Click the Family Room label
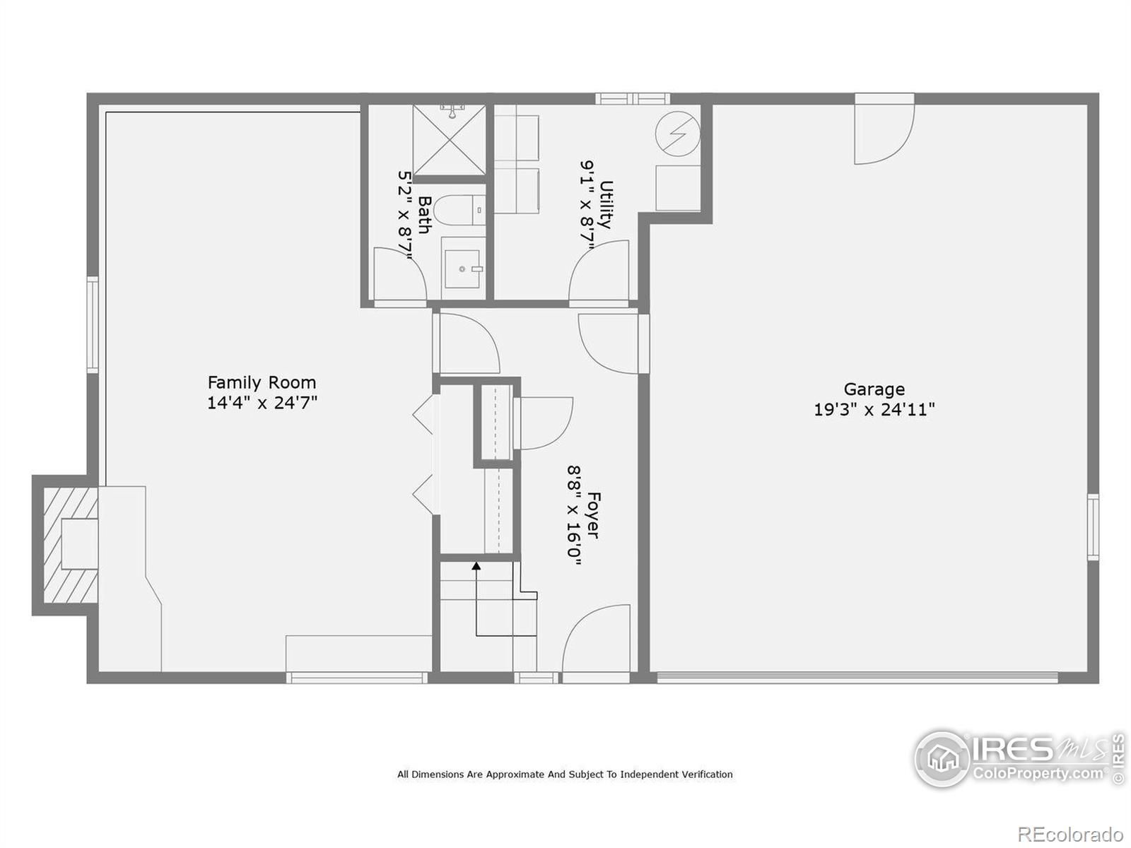click(x=262, y=382)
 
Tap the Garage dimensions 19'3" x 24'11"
click(x=874, y=410)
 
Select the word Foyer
click(x=594, y=515)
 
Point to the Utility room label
click(x=606, y=204)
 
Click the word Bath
click(x=425, y=215)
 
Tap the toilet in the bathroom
click(x=459, y=210)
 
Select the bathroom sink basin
click(x=462, y=269)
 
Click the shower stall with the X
click(x=450, y=139)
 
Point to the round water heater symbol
click(x=678, y=134)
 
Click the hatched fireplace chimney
click(x=65, y=545)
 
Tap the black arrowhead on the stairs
click(x=476, y=566)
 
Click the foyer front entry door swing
click(x=596, y=637)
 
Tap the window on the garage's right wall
click(x=1093, y=526)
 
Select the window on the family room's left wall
click(x=92, y=324)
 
